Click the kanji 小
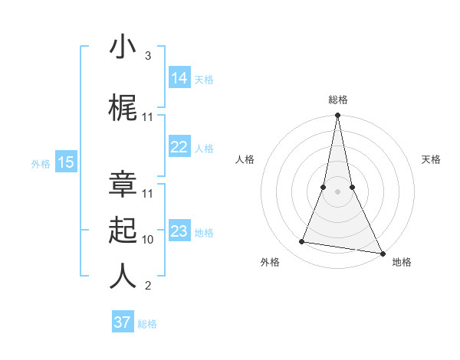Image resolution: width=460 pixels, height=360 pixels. point(123,47)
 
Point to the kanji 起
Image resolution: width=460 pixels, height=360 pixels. point(123,230)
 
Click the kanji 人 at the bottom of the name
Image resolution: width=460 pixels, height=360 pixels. point(123,276)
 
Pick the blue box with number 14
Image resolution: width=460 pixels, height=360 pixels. point(179,78)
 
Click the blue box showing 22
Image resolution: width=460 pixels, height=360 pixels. point(179,148)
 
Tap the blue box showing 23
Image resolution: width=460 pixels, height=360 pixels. point(179,231)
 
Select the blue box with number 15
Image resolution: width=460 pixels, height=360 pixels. point(66,162)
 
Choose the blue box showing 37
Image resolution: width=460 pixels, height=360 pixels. point(123,322)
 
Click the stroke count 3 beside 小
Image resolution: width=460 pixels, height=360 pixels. point(147,56)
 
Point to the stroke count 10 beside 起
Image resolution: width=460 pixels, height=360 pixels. point(148,239)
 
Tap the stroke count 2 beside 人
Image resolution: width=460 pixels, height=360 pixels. point(147,286)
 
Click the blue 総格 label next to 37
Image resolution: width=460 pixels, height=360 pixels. point(147,324)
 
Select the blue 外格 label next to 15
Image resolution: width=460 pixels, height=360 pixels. point(41,163)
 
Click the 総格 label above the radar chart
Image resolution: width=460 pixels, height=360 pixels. point(338,100)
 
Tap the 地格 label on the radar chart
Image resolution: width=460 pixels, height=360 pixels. point(402,262)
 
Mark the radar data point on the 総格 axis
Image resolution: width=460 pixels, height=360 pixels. point(337,116)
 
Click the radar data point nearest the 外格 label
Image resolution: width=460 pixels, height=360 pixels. point(302,242)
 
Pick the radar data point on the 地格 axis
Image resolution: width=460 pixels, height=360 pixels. point(382,253)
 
